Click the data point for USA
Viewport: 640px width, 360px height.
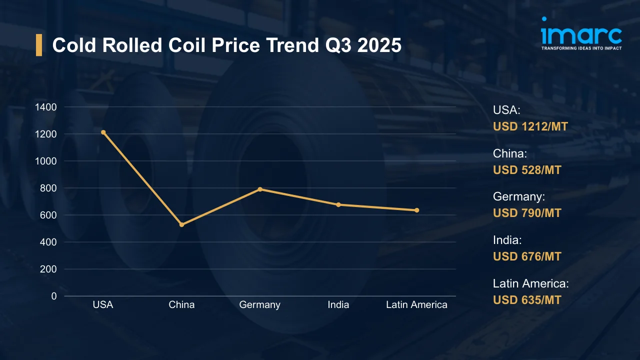pyautogui.click(x=103, y=132)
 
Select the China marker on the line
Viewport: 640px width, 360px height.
pyautogui.click(x=181, y=225)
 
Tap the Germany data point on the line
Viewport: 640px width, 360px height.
pyautogui.click(x=260, y=189)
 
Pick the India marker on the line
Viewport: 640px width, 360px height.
pyautogui.click(x=338, y=204)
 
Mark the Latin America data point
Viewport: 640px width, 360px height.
pyautogui.click(x=416, y=210)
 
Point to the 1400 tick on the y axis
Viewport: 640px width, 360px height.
pyautogui.click(x=46, y=107)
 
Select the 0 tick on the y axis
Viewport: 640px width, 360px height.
pyautogui.click(x=54, y=296)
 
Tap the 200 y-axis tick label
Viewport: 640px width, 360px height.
pyautogui.click(x=48, y=269)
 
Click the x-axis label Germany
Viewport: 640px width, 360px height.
pyautogui.click(x=260, y=305)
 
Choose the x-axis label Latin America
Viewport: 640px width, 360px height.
pyautogui.click(x=416, y=305)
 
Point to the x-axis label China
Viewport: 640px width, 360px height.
pyautogui.click(x=181, y=305)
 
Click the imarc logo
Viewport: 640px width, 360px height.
pyautogui.click(x=581, y=34)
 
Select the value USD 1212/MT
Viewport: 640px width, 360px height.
pyautogui.click(x=530, y=127)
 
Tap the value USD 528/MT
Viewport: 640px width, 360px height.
pyautogui.click(x=527, y=170)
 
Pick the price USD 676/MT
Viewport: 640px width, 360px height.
pyautogui.click(x=527, y=257)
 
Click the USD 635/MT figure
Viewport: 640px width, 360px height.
pyautogui.click(x=527, y=300)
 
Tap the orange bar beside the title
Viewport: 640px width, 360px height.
pyautogui.click(x=39, y=45)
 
